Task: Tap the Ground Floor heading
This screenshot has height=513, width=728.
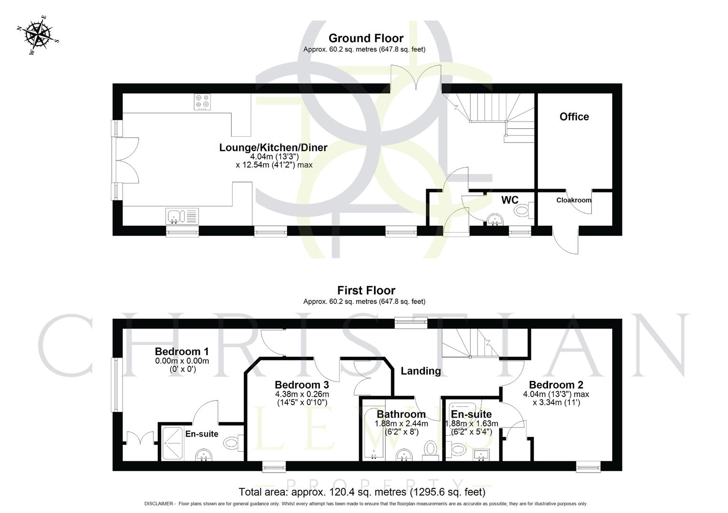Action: click(x=365, y=38)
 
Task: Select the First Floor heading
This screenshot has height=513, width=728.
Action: click(x=366, y=290)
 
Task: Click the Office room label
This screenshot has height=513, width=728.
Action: click(x=574, y=117)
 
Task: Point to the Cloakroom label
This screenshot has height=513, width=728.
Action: click(x=574, y=200)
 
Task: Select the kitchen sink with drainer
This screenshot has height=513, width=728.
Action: click(x=182, y=216)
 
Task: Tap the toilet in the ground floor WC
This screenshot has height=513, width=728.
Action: click(x=522, y=209)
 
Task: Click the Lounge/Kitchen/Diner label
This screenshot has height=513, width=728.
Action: click(x=273, y=148)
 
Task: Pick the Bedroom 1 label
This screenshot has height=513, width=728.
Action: click(x=182, y=352)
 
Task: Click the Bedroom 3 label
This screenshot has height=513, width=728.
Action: click(x=302, y=385)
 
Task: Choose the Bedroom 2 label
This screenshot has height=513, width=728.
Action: click(x=556, y=385)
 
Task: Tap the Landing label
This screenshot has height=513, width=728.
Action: click(x=421, y=371)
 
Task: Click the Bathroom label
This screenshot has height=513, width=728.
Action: click(x=401, y=414)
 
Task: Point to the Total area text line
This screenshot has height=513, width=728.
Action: click(x=362, y=492)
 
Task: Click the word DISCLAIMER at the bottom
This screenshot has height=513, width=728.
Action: click(x=160, y=503)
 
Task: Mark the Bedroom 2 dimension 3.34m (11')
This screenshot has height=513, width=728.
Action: click(x=556, y=402)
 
